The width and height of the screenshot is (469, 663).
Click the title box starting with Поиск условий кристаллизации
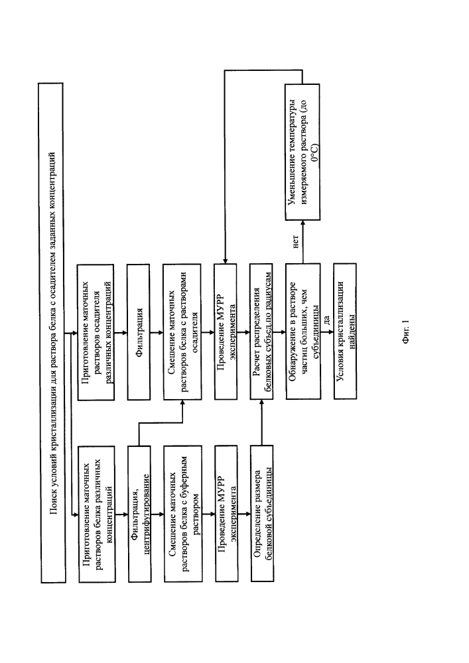52,333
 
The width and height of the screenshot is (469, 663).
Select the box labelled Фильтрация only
139,332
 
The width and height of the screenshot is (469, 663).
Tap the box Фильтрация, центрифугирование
139,514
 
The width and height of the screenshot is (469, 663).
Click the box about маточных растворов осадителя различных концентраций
96,332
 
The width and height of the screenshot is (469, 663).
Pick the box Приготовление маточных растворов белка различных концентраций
97,514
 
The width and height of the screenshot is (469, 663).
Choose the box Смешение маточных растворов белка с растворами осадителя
182,332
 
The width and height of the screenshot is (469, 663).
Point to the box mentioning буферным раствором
183,514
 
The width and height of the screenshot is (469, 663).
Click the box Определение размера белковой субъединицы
262,513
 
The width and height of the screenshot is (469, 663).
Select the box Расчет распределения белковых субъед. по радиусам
261,331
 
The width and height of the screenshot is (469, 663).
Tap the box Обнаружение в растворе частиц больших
302,331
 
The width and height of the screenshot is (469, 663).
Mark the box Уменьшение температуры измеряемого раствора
302,152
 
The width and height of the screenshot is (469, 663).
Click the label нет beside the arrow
296,241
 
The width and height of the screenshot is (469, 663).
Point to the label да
326,320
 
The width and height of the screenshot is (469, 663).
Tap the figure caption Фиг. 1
406,332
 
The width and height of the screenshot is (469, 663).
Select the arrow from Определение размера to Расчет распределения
261,423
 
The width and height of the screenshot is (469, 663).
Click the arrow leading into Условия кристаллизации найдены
327,332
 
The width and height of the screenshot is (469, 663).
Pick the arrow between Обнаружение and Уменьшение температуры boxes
302,242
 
